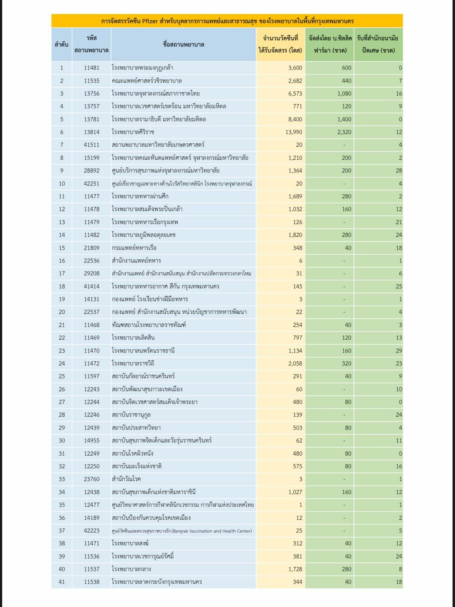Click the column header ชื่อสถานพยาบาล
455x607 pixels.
click(183, 44)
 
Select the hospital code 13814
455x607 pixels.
click(91, 132)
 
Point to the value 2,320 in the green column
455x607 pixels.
click(344, 132)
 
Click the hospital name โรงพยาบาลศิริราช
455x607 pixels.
click(133, 132)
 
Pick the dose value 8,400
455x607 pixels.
click(295, 119)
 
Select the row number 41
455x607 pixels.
click(62, 582)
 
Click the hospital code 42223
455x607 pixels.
click(91, 531)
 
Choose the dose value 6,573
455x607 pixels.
click(295, 94)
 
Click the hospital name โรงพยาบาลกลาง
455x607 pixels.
click(131, 569)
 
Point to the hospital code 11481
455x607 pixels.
click(91, 68)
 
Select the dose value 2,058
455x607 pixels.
click(295, 363)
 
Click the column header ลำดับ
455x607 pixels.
click(62, 44)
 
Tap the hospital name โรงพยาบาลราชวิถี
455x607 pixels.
click(133, 363)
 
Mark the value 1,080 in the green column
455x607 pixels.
click(344, 94)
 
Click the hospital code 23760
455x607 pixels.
click(91, 479)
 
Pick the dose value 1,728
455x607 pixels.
click(295, 569)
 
